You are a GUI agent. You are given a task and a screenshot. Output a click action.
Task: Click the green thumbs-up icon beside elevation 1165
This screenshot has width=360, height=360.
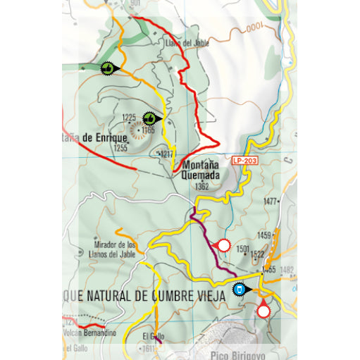click(150, 118)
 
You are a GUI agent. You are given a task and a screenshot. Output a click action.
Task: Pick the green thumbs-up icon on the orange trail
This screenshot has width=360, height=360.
click(107, 68)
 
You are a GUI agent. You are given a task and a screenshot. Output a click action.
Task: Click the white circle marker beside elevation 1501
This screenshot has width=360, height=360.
click(224, 245)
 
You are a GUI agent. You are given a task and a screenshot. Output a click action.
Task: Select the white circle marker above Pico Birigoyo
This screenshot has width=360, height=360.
click(263, 311)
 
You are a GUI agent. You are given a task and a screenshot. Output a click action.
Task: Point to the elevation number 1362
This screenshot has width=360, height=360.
click(202, 187)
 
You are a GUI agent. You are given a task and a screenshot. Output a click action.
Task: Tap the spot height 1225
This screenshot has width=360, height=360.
click(128, 117)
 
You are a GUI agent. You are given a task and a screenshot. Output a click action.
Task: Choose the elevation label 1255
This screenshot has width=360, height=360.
click(120, 148)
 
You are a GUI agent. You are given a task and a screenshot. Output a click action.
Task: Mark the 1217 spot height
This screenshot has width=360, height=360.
click(166, 154)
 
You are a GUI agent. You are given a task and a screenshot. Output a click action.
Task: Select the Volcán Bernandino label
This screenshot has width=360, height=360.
click(92, 332)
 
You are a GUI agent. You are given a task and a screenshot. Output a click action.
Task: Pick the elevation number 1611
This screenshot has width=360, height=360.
click(147, 349)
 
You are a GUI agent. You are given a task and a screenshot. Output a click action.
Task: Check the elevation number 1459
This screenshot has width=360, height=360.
click(264, 235)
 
